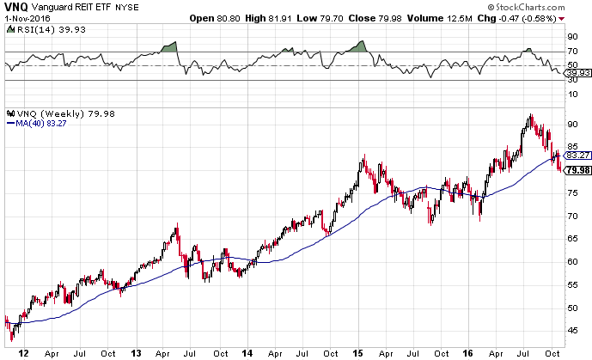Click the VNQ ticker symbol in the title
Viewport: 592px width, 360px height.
(x=15, y=5)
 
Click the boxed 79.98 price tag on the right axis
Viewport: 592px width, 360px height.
(x=576, y=170)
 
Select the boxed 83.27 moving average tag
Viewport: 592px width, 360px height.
(x=576, y=155)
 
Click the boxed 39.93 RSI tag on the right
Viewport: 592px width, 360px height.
(x=576, y=73)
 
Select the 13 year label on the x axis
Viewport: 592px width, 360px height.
(x=136, y=351)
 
